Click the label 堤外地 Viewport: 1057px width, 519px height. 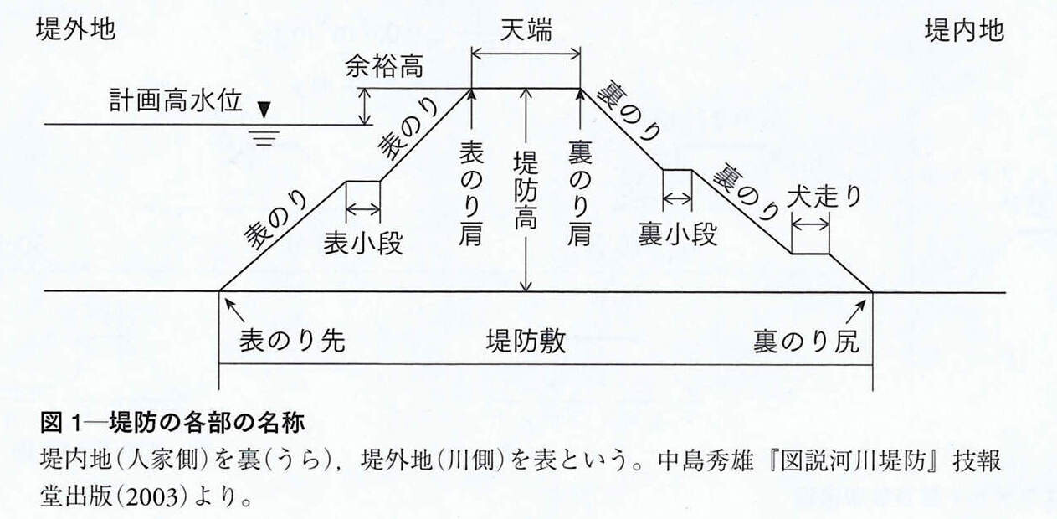[x=75, y=30]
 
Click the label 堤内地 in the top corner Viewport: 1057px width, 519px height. [x=964, y=31]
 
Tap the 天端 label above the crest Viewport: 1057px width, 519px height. [x=526, y=31]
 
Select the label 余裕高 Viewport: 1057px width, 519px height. [x=384, y=68]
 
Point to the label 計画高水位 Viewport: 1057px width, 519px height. [x=176, y=100]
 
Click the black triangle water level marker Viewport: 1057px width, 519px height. [x=264, y=110]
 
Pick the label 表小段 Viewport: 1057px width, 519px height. [x=363, y=244]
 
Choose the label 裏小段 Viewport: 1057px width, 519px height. [x=678, y=234]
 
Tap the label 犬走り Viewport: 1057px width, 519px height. [x=824, y=197]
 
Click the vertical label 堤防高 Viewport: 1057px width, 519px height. [x=526, y=190]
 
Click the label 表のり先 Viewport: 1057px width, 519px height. [x=292, y=341]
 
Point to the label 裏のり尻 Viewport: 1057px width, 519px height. [x=806, y=342]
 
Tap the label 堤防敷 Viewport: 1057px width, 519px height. [x=526, y=341]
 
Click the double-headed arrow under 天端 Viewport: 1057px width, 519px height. [x=526, y=54]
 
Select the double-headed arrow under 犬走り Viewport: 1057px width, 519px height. [x=810, y=224]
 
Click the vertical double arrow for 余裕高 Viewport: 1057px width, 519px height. [x=365, y=106]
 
